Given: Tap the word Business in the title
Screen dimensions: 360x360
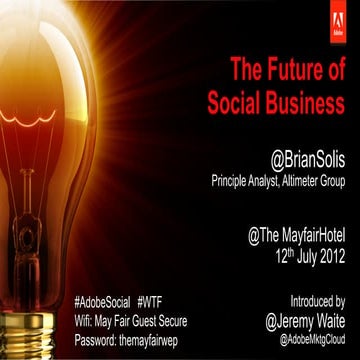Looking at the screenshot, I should tap(307, 102).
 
